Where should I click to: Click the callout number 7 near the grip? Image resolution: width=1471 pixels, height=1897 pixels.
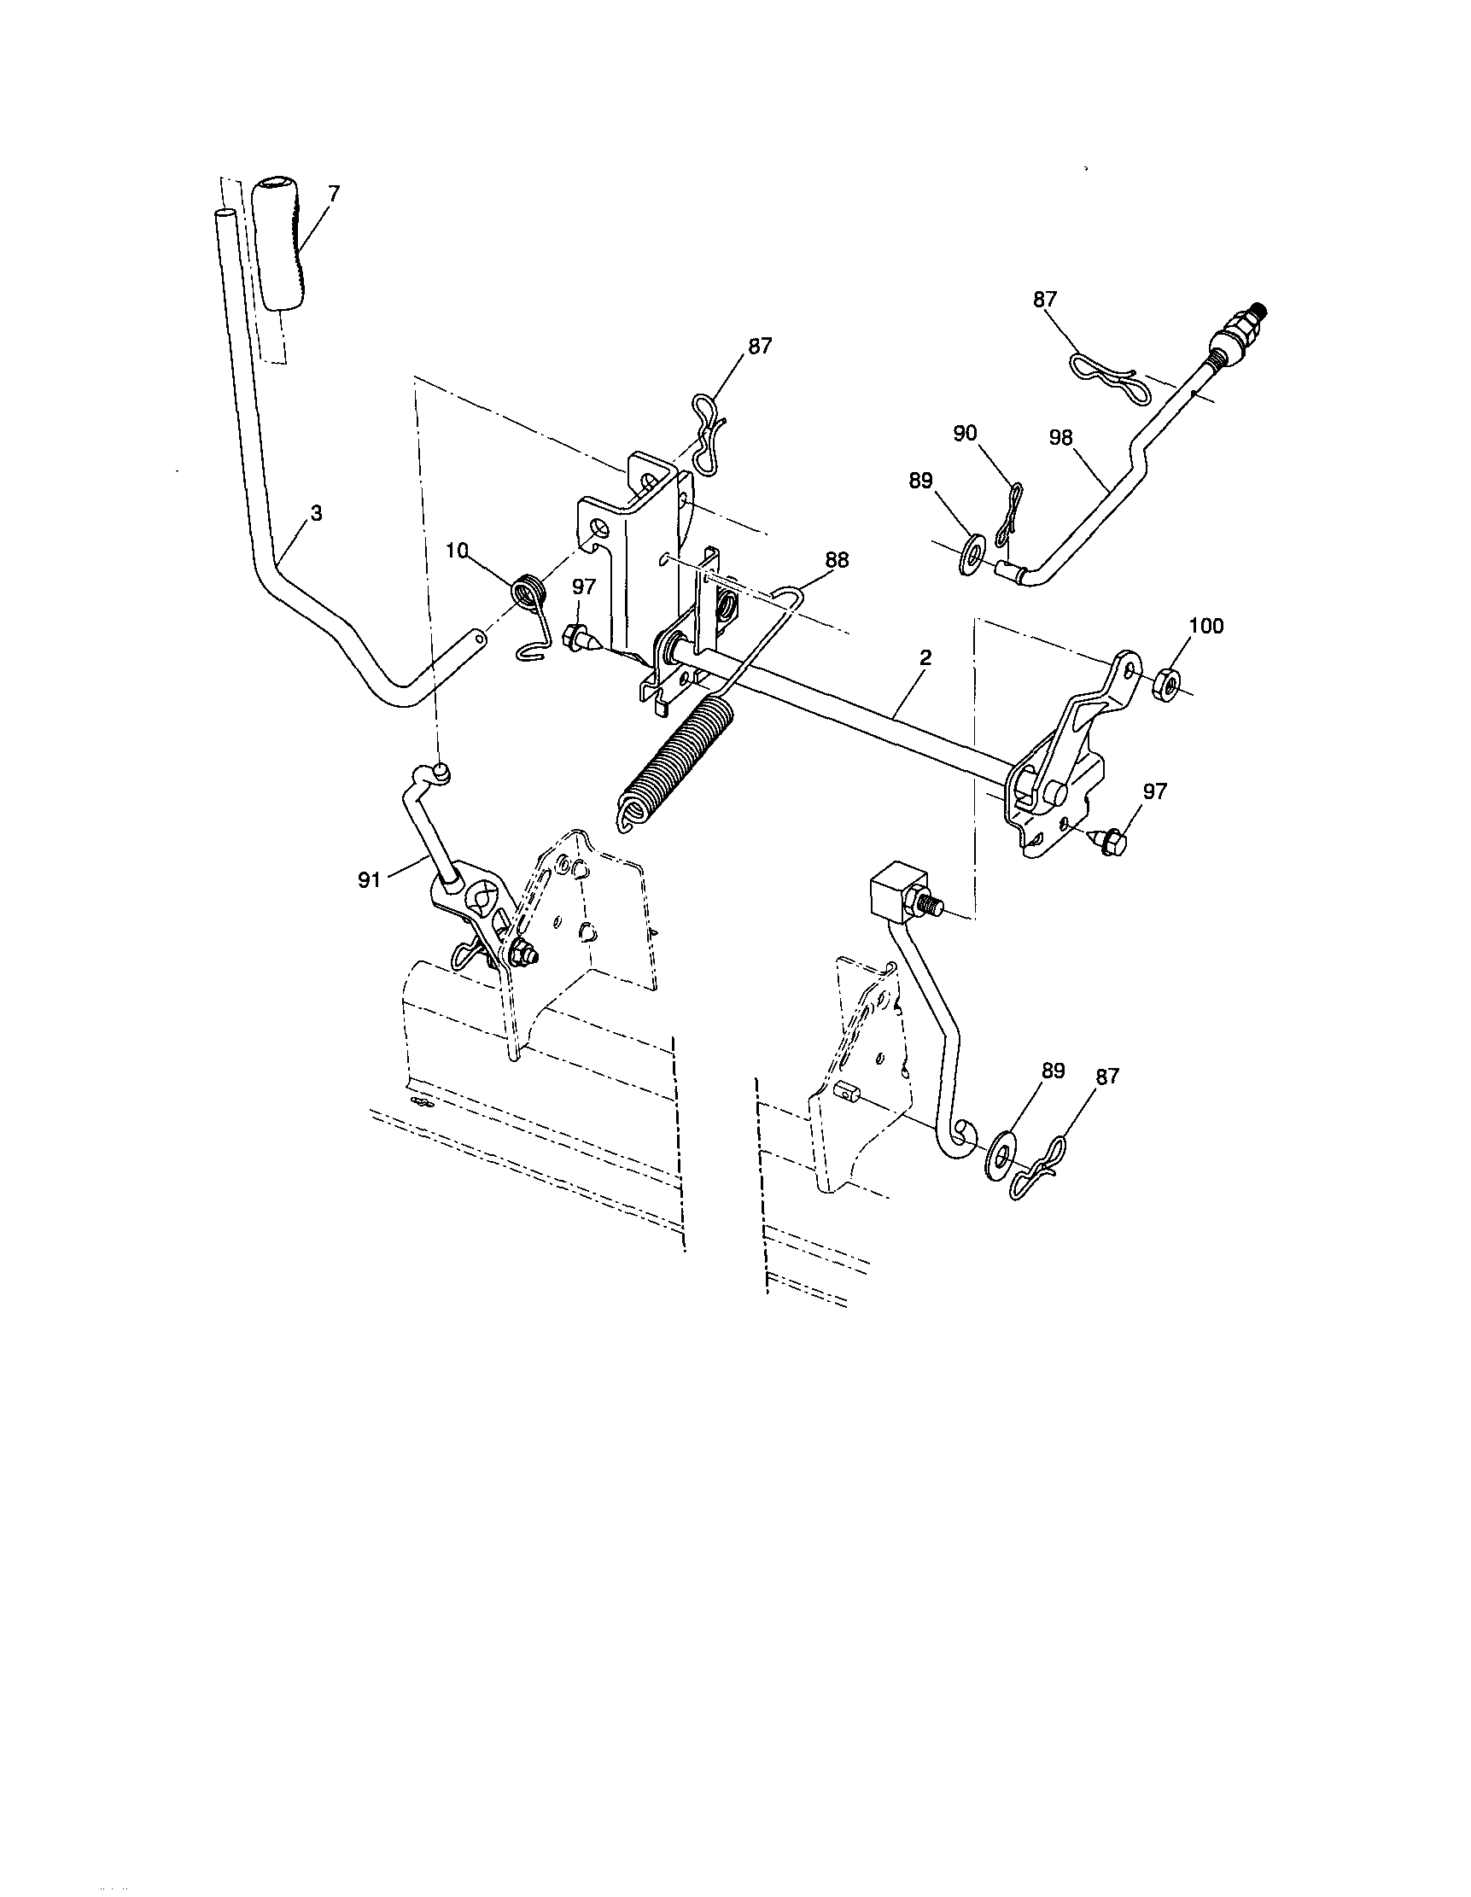(334, 193)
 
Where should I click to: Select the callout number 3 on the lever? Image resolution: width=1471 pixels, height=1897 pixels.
(316, 514)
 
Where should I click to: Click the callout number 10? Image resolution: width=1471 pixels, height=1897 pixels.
(457, 550)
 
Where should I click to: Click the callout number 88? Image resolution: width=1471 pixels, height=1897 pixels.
(838, 561)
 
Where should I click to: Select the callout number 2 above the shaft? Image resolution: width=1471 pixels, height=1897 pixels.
(925, 657)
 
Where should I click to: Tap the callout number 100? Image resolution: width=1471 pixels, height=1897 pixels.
(1205, 627)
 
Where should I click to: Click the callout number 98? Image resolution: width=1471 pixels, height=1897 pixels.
(1061, 438)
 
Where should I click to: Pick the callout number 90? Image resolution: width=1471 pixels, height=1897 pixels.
(965, 434)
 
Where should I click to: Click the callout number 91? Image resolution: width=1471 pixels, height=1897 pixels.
(370, 880)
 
